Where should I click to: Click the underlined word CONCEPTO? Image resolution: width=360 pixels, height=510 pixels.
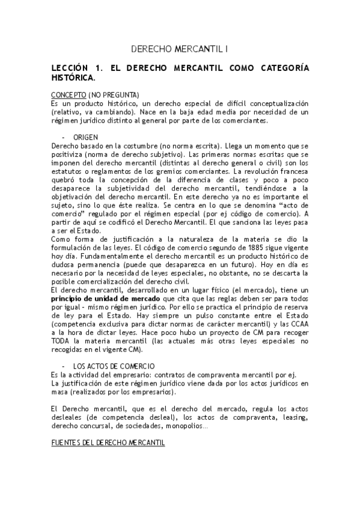(x=69, y=94)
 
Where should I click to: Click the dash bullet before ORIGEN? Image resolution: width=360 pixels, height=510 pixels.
(x=64, y=137)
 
